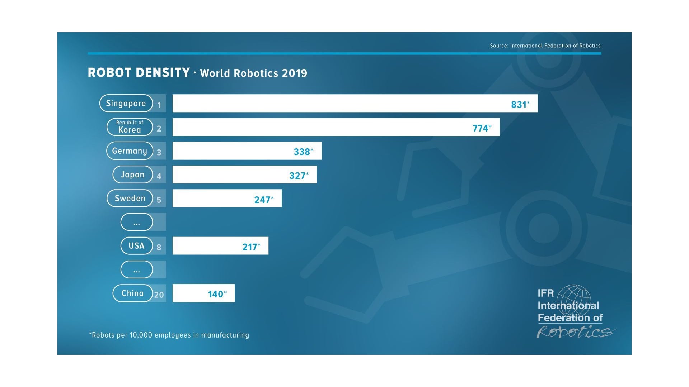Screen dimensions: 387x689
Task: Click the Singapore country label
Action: [126, 104]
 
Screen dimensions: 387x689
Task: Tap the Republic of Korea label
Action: [130, 127]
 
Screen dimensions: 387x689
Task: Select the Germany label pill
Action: [130, 151]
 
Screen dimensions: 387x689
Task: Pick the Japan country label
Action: [132, 175]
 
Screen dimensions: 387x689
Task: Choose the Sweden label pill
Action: [130, 198]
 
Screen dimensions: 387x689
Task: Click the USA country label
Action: [136, 246]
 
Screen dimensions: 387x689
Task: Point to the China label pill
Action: [132, 293]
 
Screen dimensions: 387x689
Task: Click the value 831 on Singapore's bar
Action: [519, 104]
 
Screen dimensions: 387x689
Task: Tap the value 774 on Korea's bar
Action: [480, 128]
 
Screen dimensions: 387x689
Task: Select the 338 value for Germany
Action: [302, 152]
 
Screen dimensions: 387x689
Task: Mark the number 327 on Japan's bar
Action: [297, 175]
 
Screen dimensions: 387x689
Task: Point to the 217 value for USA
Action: [250, 247]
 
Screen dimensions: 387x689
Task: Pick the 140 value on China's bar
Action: [216, 294]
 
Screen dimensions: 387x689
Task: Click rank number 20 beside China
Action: [159, 295]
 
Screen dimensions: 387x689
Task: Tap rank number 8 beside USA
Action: [159, 247]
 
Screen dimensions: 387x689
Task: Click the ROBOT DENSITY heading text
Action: [139, 73]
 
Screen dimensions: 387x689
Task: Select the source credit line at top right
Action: [545, 46]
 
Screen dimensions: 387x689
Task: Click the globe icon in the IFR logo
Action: [574, 301]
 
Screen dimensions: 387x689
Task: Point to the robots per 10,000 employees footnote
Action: [169, 335]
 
